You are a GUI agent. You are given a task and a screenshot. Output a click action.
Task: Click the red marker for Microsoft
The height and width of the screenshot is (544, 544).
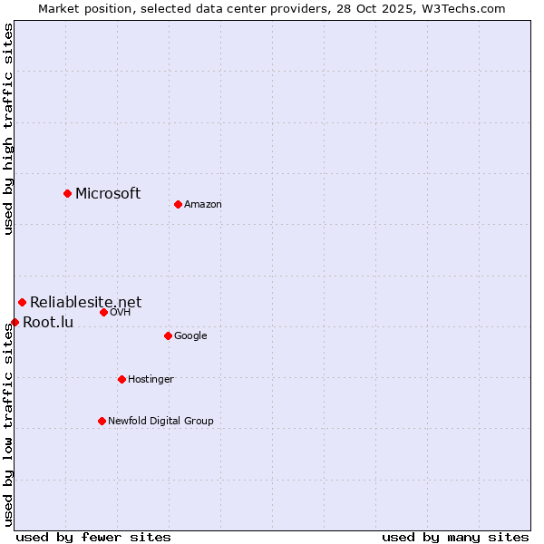(x=67, y=193)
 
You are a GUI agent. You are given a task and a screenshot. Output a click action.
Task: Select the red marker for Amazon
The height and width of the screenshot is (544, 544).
(x=178, y=204)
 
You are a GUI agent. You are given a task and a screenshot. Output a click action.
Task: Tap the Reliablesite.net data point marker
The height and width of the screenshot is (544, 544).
(x=22, y=302)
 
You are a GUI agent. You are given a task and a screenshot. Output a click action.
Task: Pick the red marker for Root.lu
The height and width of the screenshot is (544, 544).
(x=15, y=322)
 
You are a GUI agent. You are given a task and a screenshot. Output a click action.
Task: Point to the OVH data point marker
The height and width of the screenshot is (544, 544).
(x=103, y=312)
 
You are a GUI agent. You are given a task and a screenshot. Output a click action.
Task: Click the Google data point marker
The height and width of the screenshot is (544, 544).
(x=168, y=335)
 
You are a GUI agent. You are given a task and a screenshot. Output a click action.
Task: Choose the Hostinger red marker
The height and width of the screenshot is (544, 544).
(x=121, y=379)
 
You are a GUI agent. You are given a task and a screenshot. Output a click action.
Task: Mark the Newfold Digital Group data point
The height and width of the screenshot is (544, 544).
(x=102, y=421)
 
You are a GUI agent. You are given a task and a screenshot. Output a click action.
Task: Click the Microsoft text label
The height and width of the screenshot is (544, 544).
(x=108, y=193)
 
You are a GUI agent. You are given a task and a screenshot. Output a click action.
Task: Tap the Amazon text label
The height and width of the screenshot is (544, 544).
(x=203, y=205)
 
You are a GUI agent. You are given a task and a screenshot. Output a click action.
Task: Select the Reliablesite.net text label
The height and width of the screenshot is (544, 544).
(x=85, y=302)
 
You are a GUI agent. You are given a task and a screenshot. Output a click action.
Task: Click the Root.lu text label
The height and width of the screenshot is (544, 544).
(x=48, y=322)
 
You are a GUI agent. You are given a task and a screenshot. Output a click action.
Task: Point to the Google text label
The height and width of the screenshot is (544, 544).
(x=190, y=336)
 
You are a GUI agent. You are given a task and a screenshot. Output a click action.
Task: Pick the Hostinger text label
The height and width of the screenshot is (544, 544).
(x=151, y=380)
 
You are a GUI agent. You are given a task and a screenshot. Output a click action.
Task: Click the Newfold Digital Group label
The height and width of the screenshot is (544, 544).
(x=160, y=422)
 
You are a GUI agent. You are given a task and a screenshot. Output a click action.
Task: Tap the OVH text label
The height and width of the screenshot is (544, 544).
(x=121, y=313)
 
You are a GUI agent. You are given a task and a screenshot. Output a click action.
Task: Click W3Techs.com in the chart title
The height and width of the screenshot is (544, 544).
(x=468, y=8)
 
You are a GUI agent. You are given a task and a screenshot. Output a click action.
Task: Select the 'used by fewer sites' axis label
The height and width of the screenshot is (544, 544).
(x=93, y=537)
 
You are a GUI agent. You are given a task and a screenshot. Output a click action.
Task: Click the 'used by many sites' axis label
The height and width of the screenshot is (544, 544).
(x=455, y=537)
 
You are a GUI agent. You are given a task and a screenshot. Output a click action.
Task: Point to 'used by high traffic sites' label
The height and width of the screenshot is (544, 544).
(x=8, y=129)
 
